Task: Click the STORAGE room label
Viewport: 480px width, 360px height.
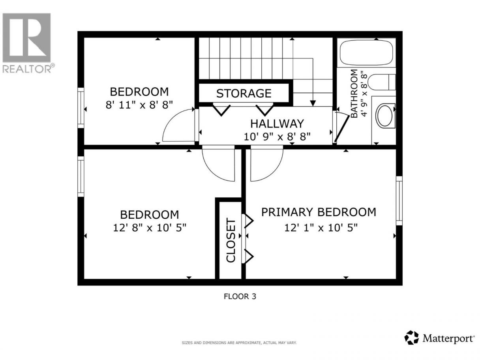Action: point(244,93)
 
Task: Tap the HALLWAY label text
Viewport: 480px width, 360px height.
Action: point(277,124)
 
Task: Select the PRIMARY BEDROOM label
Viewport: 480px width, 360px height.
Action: point(319,212)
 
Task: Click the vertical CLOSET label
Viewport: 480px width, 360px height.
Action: point(231,240)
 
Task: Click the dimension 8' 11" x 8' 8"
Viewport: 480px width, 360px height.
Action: point(139,105)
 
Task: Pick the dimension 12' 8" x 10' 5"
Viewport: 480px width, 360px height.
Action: point(150,228)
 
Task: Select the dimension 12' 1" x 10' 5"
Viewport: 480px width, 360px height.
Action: point(321,228)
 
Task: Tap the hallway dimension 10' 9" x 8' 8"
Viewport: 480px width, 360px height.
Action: point(277,137)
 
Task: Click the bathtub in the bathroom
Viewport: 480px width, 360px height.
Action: point(366,52)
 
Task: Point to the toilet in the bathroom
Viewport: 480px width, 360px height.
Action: point(382,82)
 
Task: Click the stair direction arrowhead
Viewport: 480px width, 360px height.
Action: point(313,103)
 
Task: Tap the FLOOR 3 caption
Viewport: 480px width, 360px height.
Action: point(240,296)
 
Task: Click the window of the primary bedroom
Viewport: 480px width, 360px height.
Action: point(399,201)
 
